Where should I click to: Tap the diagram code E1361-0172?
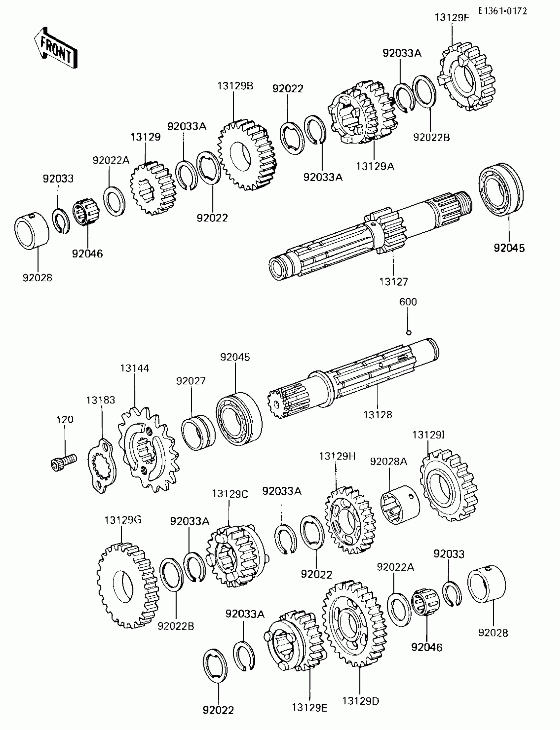(x=503, y=11)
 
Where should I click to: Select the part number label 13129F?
(x=452, y=17)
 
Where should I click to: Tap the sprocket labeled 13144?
(x=148, y=450)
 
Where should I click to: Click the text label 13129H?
(x=337, y=456)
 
